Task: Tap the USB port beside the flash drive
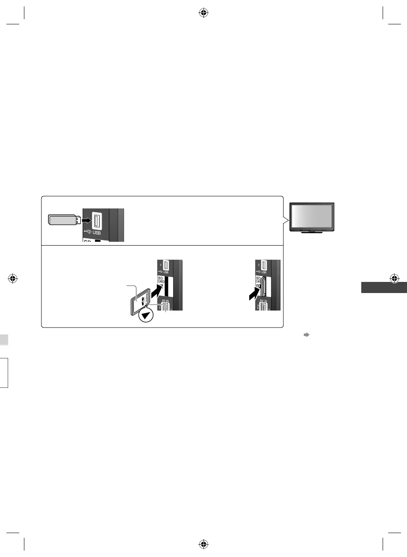[97, 221]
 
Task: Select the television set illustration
[312, 217]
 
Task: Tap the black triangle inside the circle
[147, 315]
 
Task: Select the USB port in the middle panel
[165, 266]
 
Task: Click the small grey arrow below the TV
[306, 335]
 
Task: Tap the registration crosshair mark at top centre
[203, 13]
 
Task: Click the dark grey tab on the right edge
[384, 287]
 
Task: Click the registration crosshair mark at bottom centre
[203, 544]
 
